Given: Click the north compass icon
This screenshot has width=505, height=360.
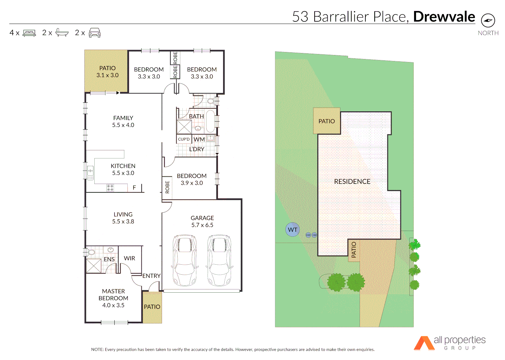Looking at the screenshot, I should point(488,21).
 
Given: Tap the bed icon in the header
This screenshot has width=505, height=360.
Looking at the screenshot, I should point(29,33).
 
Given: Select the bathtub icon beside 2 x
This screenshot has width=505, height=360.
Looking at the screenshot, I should point(62,33).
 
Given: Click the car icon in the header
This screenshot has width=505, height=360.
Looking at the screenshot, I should point(95,33).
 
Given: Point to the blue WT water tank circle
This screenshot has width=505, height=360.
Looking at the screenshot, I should point(293,230).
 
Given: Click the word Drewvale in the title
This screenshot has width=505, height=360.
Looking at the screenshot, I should point(444,17).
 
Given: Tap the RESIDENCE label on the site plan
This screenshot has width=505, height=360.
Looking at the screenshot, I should point(352,182).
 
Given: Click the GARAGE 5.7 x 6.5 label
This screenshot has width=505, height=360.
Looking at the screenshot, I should point(202,221).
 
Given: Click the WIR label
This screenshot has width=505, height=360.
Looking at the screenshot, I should point(130,258).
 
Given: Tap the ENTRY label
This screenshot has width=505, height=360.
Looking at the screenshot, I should point(151,276).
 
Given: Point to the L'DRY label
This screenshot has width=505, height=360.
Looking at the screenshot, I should point(197,149).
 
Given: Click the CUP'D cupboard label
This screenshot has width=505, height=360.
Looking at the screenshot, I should point(184,139).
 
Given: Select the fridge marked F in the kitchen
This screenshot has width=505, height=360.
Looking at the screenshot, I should point(134,188).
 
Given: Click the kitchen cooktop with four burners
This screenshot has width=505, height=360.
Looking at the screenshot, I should point(110,188).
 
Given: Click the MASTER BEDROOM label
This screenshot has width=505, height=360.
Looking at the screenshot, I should point(113,298).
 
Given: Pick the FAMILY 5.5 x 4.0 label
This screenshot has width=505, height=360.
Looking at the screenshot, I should point(123,121).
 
